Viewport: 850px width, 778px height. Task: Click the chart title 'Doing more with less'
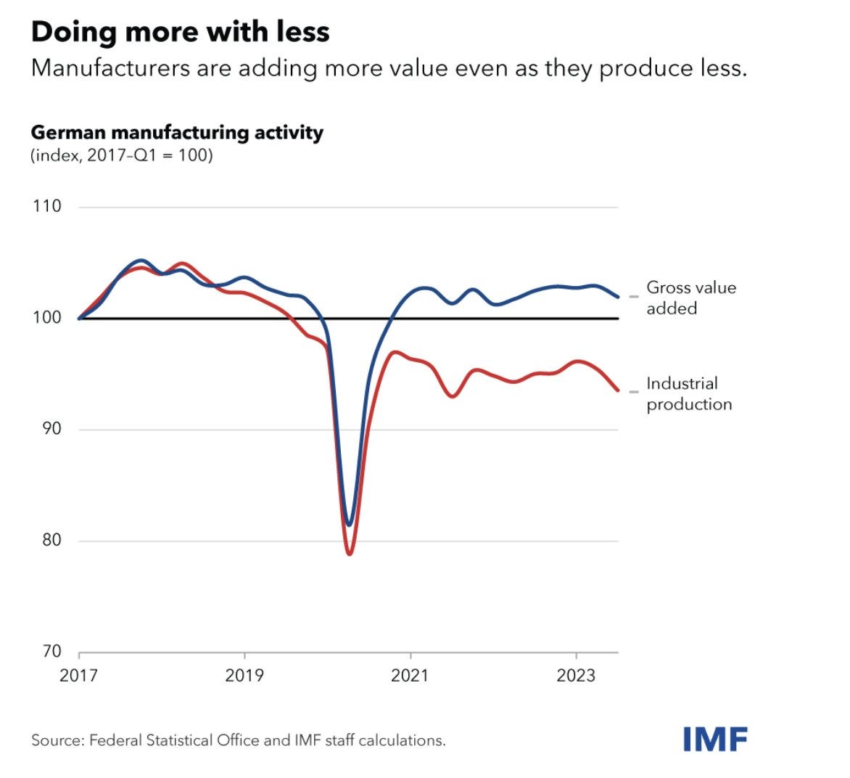coord(180,32)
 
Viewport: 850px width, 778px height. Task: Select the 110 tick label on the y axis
coord(46,206)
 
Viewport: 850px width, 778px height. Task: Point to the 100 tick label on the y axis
coord(46,318)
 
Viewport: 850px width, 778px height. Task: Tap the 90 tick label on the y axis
coord(48,429)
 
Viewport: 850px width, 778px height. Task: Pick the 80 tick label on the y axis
coord(48,540)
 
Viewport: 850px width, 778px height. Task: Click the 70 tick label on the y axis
coord(48,651)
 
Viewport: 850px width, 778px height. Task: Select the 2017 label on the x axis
coord(79,676)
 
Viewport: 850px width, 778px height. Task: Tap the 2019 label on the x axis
coord(244,676)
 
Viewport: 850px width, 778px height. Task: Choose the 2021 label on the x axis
coord(410,676)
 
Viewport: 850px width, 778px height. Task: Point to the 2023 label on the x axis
coord(576,676)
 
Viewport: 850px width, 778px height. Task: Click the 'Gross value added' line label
coord(690,298)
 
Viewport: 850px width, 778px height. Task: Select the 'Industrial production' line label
coord(688,393)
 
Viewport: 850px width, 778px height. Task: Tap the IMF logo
coord(715,739)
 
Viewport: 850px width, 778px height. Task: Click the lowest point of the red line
coord(350,554)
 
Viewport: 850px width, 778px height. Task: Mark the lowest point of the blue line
coord(349,525)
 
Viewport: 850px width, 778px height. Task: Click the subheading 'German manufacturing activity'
coord(177,133)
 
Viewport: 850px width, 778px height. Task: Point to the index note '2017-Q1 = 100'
coord(149,155)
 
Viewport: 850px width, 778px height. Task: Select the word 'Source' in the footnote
coord(57,740)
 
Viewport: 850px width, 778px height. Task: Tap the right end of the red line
coord(618,390)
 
